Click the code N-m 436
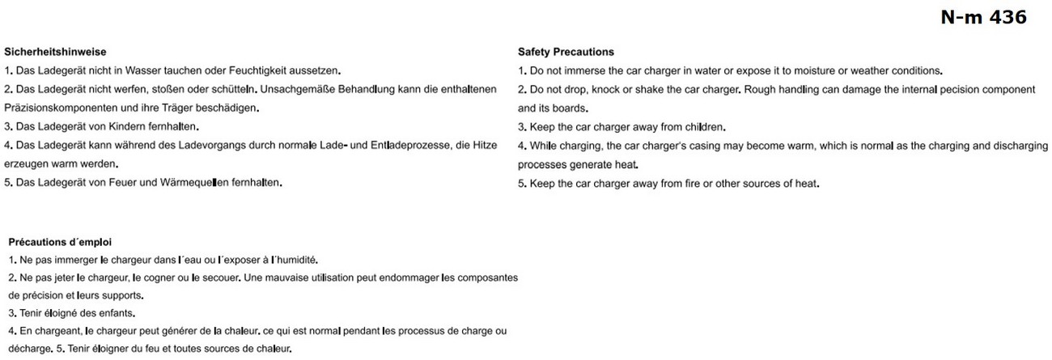coord(983,18)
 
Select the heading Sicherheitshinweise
coord(55,52)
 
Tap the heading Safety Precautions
coord(566,52)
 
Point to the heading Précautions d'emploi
coord(60,241)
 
